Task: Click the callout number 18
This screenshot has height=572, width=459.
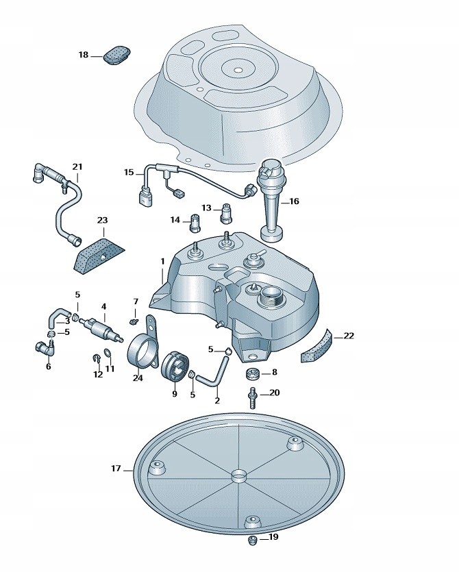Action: (84, 55)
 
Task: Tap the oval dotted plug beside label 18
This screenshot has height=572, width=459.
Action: (117, 55)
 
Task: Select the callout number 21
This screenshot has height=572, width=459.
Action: (77, 166)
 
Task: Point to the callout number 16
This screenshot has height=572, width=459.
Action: (294, 201)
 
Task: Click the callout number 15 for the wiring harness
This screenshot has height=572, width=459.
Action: (129, 172)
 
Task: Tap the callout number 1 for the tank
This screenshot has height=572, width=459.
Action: (163, 261)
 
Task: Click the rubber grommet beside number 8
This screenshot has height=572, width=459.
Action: (251, 373)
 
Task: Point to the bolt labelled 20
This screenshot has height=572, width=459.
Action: (251, 399)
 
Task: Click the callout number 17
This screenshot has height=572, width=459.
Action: (116, 469)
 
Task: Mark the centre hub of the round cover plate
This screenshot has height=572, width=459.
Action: (238, 475)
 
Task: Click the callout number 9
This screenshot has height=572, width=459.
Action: (175, 394)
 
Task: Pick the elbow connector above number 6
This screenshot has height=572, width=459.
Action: (45, 348)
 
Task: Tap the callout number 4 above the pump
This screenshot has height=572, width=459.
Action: (103, 306)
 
